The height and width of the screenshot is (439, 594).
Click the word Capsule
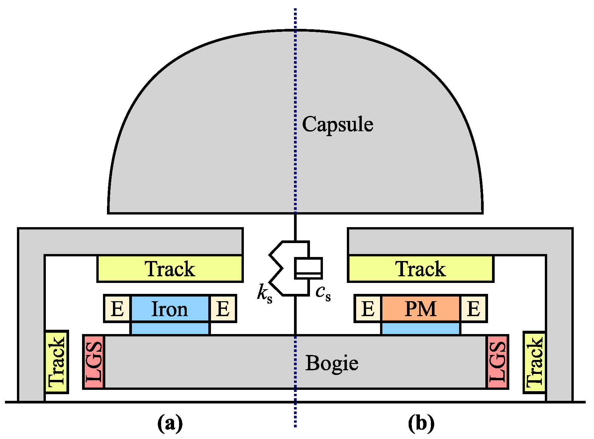[x=337, y=125]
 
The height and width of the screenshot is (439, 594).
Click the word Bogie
[x=332, y=363]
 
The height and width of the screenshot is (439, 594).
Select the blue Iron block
[x=170, y=309]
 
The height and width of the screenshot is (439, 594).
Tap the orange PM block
[x=421, y=309]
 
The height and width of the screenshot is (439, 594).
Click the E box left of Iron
[x=117, y=309]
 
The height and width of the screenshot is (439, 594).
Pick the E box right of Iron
[x=223, y=309]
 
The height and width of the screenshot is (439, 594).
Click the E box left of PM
[x=368, y=309]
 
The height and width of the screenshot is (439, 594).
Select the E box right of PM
[x=473, y=309]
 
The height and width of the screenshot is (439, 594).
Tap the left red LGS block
[x=94, y=362]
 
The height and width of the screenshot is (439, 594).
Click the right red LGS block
[x=497, y=362]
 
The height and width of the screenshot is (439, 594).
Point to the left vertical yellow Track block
[x=56, y=362]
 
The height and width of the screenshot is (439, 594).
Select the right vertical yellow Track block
[x=535, y=362]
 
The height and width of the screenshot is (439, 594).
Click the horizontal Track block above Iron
[x=170, y=269]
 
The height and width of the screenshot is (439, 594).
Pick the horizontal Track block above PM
[x=421, y=269]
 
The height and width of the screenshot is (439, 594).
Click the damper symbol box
[x=308, y=268]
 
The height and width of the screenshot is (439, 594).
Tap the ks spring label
[x=265, y=293]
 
